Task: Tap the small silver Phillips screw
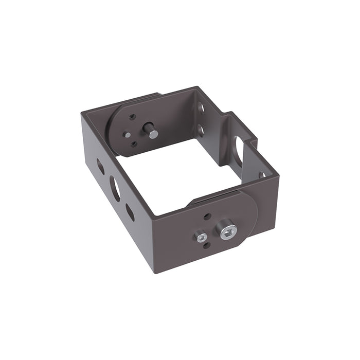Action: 201,237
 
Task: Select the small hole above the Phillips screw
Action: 207,217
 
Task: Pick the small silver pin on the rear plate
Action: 127,135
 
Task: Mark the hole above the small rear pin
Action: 133,117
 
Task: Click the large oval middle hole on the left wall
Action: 115,188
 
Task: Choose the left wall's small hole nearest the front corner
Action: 130,211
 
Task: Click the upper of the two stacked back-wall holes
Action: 201,109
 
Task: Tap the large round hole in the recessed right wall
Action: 239,149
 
